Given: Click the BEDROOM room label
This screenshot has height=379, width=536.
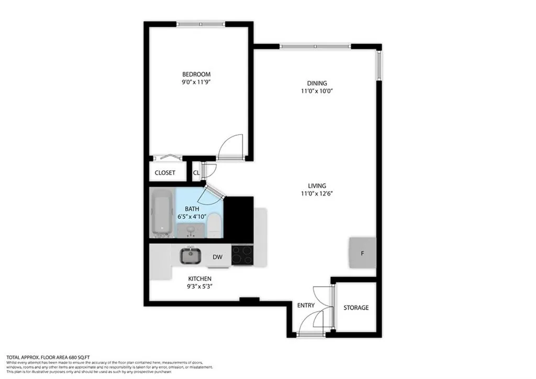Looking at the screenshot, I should click(196, 74).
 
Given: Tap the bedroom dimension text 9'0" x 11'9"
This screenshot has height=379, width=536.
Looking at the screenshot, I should click(196, 82).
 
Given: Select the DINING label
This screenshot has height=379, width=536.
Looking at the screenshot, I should click(317, 83).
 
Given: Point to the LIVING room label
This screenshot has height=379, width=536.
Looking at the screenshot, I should click(317, 186).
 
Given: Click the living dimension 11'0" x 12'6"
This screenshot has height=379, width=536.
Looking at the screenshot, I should click(317, 193).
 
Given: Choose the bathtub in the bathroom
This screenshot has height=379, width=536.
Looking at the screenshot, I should click(162, 213).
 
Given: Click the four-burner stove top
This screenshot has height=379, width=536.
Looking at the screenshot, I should click(242, 255).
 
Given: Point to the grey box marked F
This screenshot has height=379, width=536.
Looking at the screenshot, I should click(362, 253).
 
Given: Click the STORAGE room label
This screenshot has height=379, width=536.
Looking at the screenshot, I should click(356, 308).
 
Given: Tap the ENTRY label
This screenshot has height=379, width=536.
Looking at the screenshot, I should click(306, 306).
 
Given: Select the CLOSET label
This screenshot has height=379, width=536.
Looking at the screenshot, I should click(165, 172).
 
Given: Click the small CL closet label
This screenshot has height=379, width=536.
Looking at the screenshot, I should click(196, 172).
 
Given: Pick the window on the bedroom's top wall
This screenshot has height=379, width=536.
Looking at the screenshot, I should click(200, 24).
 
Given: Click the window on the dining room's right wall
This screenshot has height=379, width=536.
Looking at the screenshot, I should click(379, 66).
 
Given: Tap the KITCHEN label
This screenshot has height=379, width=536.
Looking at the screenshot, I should click(200, 278).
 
